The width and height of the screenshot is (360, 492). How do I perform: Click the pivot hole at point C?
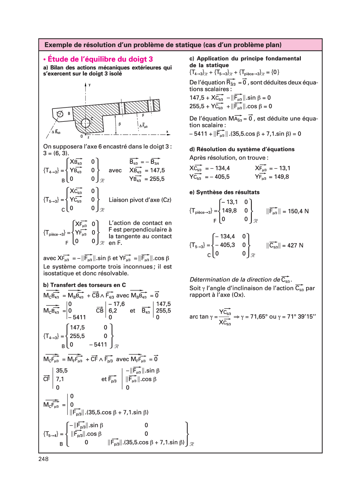(85, 123)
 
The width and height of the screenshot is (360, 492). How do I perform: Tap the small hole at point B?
(60, 114)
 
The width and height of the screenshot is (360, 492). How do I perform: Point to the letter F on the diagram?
(143, 115)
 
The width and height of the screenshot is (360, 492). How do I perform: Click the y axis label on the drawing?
(90, 85)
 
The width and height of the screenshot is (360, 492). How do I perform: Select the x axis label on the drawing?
(167, 132)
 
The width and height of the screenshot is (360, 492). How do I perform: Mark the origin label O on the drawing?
(82, 136)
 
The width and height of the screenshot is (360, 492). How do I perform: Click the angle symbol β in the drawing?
(120, 124)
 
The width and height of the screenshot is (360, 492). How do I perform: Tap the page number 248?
(44, 459)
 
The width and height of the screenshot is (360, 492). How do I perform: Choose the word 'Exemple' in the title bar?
(58, 45)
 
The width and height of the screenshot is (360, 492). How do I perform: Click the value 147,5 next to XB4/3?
(157, 170)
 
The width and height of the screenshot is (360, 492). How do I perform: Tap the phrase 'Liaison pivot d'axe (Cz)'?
(140, 200)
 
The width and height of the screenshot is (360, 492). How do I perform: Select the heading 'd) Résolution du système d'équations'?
(242, 149)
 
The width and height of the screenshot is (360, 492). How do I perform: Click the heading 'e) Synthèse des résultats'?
(224, 192)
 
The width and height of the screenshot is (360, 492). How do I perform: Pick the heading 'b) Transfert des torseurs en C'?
(84, 285)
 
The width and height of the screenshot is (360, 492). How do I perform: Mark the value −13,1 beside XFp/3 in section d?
(282, 168)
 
